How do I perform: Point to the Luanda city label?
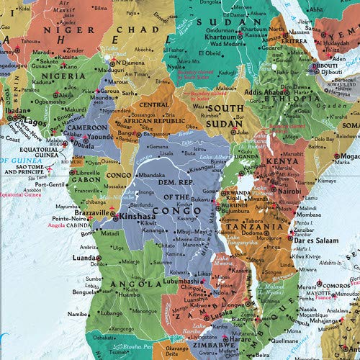coord(86,256)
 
